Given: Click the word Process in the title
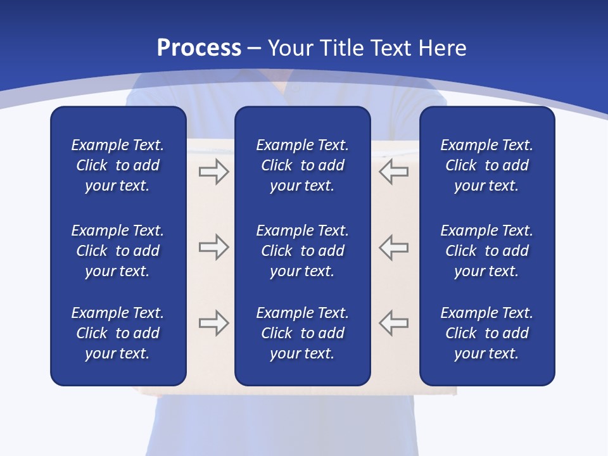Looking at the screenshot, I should coord(199,48).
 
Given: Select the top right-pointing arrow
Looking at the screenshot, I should coord(214,172).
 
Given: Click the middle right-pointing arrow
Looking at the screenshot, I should coord(214,247).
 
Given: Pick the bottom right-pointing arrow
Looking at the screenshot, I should coord(214,322).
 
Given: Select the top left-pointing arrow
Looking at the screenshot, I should coord(393,172).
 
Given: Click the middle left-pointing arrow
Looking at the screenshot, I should coord(393,247).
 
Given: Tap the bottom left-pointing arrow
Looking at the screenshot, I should coord(393,322).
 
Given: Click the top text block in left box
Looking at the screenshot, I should coord(118,165).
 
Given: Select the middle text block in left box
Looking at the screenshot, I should coord(118,251).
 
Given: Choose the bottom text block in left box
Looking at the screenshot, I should coord(118,333).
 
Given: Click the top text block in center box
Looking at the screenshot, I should coord(302,165).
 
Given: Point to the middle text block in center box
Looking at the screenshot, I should coord(302,251).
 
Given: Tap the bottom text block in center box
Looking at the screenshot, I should coord(302,333).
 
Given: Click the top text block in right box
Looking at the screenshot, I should coord(487,165).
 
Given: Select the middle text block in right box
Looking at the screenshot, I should coord(487,251).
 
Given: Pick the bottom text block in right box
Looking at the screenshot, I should coord(487,333).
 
